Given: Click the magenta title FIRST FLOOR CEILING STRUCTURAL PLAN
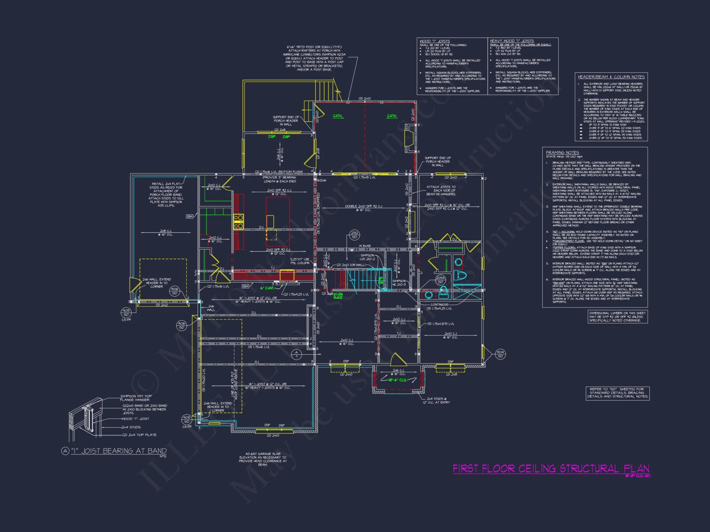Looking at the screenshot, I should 551,469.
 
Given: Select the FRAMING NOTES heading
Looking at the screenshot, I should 562,153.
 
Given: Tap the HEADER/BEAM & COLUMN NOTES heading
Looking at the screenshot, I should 611,77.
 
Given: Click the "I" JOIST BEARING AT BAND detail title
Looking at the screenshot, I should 119,451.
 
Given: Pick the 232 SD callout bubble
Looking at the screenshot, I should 354,235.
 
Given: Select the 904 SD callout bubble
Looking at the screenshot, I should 500,354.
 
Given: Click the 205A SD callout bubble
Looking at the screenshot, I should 441,280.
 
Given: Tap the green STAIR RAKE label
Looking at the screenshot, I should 338,296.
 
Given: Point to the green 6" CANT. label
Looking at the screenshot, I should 267,288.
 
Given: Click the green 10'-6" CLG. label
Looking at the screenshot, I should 397,380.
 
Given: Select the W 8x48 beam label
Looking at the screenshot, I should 365,245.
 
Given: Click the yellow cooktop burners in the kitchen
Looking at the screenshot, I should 238,221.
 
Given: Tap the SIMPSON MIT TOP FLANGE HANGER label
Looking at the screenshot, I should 136,398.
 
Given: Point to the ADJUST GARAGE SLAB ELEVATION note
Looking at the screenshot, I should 263,459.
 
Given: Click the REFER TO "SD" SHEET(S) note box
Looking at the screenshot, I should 617,393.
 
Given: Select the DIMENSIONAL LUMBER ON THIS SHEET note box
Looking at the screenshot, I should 617,317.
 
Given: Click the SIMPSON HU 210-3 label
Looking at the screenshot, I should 399,283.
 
